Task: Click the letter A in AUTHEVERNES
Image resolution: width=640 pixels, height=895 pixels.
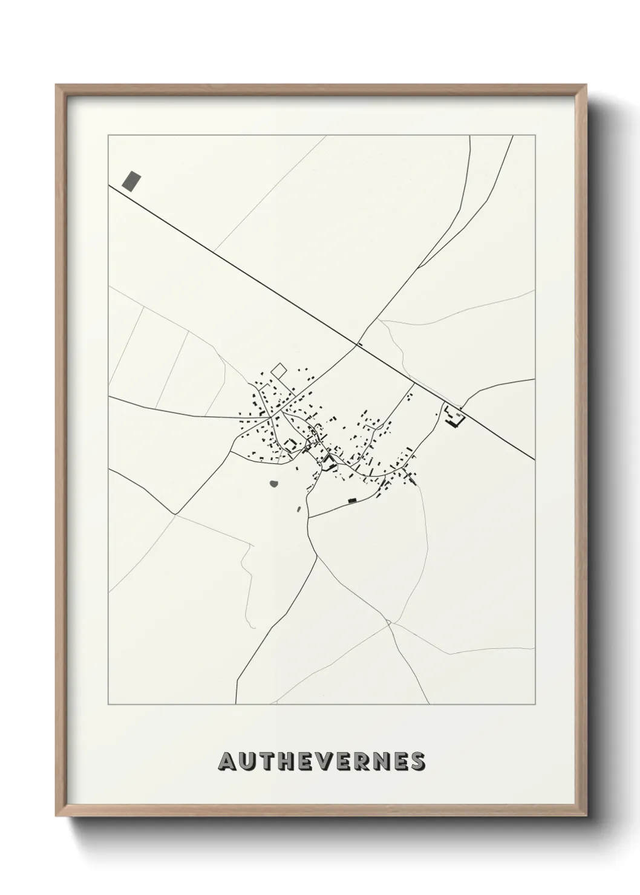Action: (228, 762)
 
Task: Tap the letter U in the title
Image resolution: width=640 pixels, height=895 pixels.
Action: (247, 762)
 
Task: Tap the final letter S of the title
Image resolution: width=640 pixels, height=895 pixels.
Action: (417, 762)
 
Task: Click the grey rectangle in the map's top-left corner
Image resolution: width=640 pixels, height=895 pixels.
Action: (131, 180)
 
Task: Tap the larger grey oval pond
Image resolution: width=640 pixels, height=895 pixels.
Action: (274, 484)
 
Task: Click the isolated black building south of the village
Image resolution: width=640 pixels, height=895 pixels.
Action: (351, 500)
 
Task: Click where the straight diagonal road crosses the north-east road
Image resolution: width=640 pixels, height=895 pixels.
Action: (357, 346)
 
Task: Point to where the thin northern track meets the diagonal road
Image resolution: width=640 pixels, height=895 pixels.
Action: (215, 252)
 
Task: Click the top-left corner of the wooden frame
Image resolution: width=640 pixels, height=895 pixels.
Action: (56, 85)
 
